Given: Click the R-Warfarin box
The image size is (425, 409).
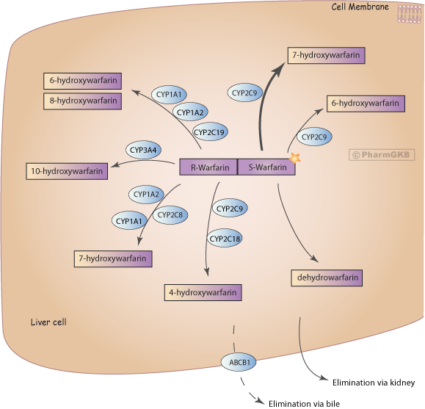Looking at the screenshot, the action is click(x=208, y=167).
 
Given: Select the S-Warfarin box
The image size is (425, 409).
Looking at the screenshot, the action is click(x=266, y=167).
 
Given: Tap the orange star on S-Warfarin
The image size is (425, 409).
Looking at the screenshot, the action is click(x=294, y=159).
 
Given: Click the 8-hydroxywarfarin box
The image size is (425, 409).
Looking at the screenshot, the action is click(x=83, y=101).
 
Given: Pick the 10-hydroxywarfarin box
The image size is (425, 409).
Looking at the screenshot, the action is click(x=67, y=171).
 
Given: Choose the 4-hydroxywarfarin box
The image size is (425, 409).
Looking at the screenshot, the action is click(x=203, y=292).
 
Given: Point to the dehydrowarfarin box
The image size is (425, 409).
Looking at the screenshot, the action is click(x=327, y=278).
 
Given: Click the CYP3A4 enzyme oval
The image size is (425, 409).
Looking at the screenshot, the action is click(x=143, y=150).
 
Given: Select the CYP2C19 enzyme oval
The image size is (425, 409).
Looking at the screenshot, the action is click(x=209, y=132).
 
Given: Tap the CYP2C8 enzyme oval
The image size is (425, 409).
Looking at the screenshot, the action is click(x=170, y=215).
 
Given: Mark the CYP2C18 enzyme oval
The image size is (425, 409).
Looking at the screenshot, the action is click(x=225, y=239).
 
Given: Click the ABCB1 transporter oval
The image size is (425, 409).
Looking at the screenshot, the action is click(x=239, y=362).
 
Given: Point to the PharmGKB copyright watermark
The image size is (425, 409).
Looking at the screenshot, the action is click(x=382, y=155).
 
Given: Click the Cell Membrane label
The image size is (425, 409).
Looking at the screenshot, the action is click(x=360, y=7).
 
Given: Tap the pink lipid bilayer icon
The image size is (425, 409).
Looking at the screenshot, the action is click(x=409, y=14).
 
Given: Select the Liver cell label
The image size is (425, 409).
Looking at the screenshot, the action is click(x=48, y=322).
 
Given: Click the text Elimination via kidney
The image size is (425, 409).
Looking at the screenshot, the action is click(x=374, y=383).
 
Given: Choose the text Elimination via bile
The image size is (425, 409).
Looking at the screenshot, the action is click(x=304, y=404).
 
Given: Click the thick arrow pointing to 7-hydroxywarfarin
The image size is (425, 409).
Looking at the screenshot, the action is click(x=264, y=101).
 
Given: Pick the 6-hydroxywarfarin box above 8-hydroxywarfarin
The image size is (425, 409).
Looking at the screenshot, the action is click(x=83, y=81).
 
